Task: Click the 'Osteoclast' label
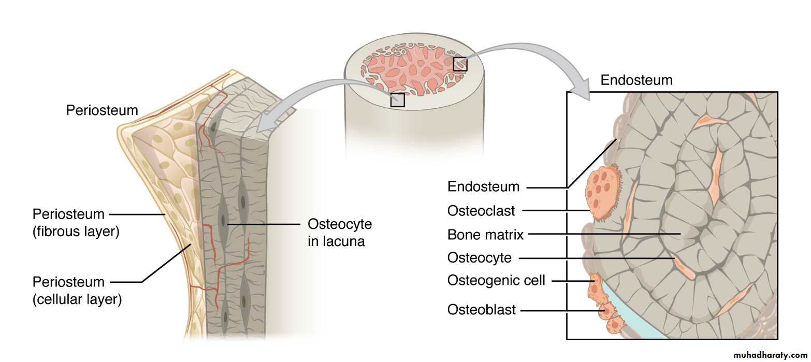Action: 481,211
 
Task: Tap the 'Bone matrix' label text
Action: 485,235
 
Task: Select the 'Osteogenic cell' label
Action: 496,281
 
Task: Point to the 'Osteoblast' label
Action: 482,310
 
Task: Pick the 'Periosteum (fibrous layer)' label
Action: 76,223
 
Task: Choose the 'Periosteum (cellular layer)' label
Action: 77,291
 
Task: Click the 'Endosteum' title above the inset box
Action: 636,80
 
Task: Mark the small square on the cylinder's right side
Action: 460,64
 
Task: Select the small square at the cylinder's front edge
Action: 397,99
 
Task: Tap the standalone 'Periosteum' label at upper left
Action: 102,110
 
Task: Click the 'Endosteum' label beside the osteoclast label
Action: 483,186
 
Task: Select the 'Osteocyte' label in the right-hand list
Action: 479,257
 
